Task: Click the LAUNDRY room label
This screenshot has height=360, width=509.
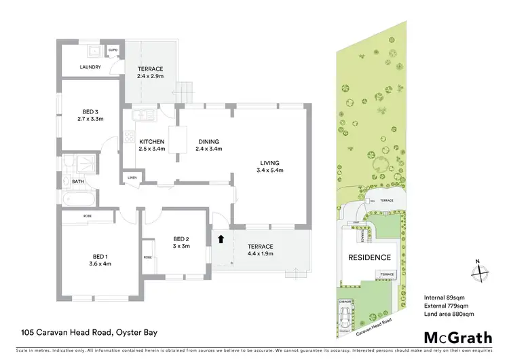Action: coord(90,67)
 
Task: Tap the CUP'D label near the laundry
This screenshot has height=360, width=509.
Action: coord(113,50)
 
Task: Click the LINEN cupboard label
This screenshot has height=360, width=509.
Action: coord(132,178)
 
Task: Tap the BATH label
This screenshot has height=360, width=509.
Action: coord(78,181)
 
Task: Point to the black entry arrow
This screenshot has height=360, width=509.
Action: coord(221,239)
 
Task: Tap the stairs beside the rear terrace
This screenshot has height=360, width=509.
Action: coord(185,90)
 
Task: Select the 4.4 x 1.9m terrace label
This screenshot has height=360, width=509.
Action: coord(260,250)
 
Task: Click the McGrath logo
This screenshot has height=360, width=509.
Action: coord(458,338)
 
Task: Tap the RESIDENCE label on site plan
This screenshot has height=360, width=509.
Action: coord(369,257)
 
